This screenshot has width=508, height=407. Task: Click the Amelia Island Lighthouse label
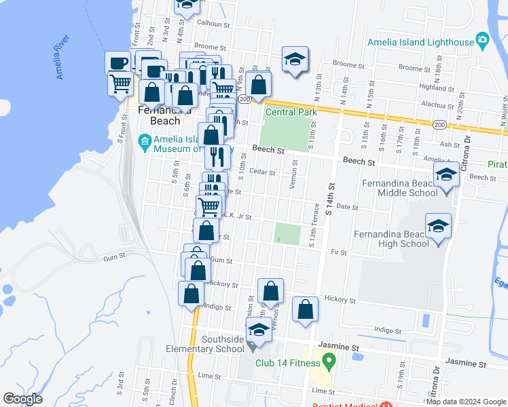click(x=420, y=42)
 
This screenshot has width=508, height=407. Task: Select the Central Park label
click(x=291, y=112)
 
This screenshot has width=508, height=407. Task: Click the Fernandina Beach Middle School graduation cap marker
click(x=446, y=176)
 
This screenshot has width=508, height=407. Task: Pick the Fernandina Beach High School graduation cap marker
click(x=438, y=225)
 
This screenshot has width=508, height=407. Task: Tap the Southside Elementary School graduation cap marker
click(x=258, y=331)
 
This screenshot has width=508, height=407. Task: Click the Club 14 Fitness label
click(x=287, y=362)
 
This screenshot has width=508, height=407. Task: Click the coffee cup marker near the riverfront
click(x=117, y=63)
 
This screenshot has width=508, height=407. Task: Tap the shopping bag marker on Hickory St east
click(x=306, y=309)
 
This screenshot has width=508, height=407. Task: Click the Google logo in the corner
click(x=22, y=399)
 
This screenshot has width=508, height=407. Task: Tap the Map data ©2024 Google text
click(x=465, y=402)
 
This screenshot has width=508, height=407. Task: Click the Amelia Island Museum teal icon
click(x=144, y=142)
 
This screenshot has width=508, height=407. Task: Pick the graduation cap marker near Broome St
click(x=295, y=60)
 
